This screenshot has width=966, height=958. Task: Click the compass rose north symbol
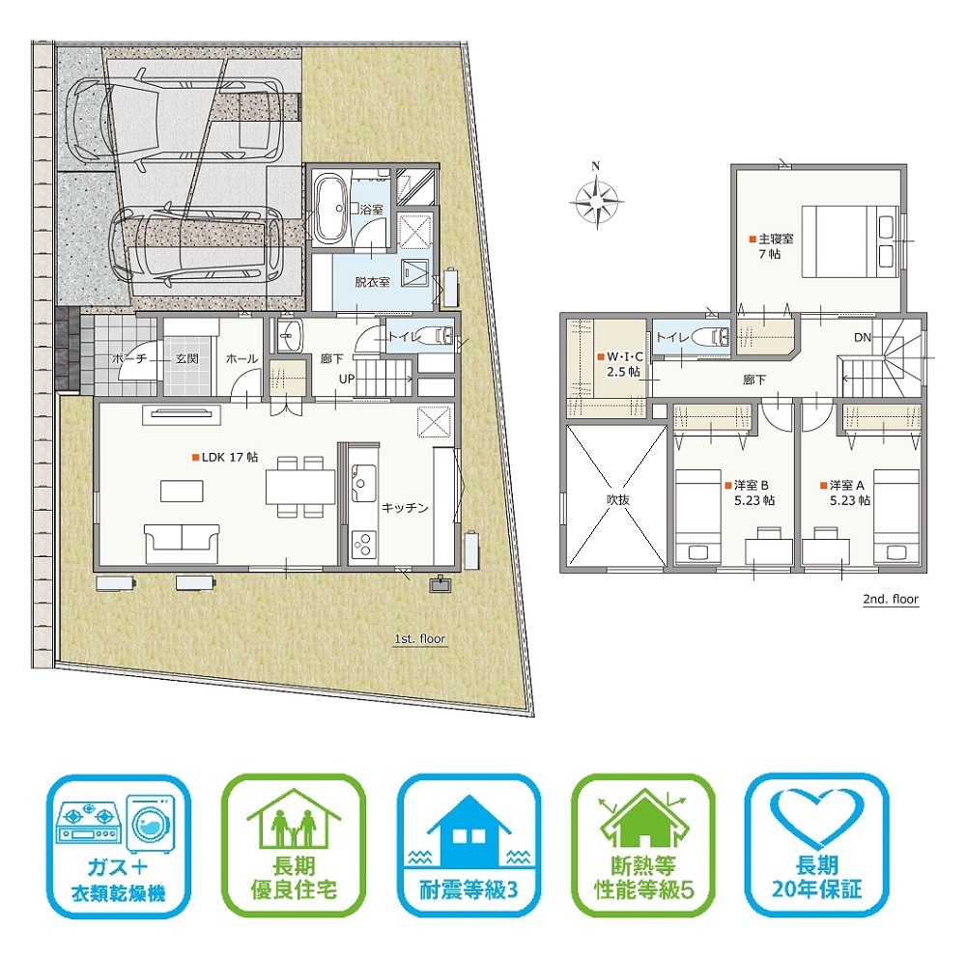[596, 198]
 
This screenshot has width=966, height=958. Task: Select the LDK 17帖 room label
[225, 457]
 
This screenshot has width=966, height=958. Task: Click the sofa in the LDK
[182, 544]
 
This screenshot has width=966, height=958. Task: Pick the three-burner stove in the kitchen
[363, 543]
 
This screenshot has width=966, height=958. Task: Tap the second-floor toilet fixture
[710, 337]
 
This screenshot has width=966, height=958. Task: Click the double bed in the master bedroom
[850, 241]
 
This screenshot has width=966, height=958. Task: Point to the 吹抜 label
[618, 499]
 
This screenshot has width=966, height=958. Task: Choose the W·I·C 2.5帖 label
[620, 364]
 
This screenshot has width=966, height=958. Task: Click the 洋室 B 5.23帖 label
[751, 493]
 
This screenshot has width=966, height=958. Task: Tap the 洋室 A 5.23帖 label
[845, 493]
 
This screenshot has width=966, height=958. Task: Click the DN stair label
[863, 337]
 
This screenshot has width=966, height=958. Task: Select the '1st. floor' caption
[419, 639]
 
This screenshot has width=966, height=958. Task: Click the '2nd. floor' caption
[891, 599]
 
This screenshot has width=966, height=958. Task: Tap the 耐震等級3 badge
[469, 845]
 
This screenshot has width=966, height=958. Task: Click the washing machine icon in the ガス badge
[151, 824]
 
